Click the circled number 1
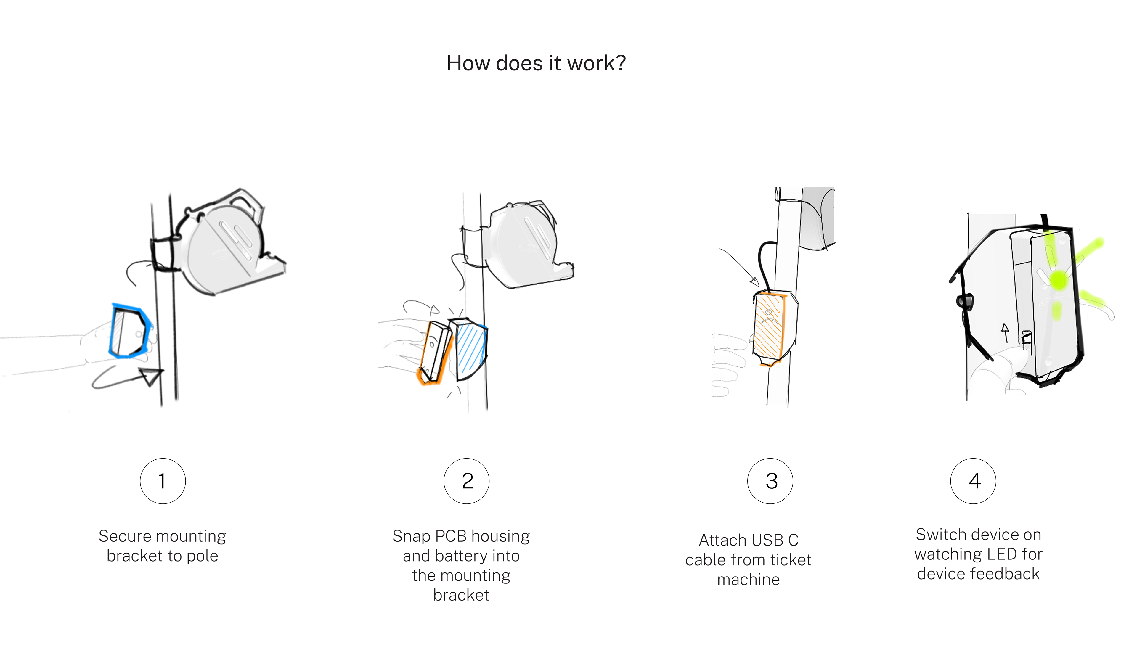163,481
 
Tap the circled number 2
467,481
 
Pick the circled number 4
973,481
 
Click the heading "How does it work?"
536,63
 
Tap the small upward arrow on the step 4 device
1005,332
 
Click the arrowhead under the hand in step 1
151,376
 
